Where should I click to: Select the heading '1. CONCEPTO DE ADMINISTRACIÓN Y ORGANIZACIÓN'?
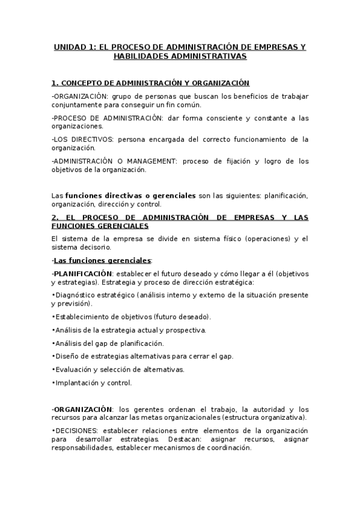click(x=150, y=82)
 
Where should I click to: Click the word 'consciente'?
click(x=226, y=117)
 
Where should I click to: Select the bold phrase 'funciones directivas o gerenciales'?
click(x=130, y=195)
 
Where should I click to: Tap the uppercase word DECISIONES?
click(x=76, y=431)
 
